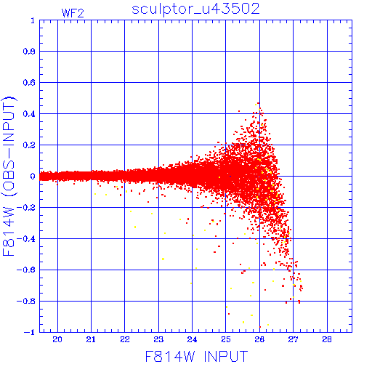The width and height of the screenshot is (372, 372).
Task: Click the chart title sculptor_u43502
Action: coord(195,9)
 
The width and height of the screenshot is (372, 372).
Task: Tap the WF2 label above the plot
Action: coord(73,13)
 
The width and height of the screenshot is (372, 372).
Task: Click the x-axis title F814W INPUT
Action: coord(196,356)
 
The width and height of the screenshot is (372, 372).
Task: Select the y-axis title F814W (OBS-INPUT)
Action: coord(9,176)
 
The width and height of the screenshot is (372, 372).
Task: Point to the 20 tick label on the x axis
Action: coord(57,339)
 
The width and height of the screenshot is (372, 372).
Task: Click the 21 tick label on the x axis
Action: coord(91,339)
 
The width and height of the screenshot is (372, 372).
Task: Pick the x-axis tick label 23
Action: coord(158,339)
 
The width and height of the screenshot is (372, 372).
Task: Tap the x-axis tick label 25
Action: coord(226,339)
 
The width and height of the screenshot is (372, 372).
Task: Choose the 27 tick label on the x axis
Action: coord(293,339)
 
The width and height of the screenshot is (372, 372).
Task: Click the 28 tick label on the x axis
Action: coord(327,339)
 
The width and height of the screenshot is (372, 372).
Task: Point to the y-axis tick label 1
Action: coord(33,20)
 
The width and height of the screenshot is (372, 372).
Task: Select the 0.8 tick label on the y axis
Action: coord(29,52)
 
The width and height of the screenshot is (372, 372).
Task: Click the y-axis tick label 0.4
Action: coord(29,114)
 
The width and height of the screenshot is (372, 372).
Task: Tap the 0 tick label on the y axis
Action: coord(33,176)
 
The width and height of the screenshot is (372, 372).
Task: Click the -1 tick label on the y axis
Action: coord(30,332)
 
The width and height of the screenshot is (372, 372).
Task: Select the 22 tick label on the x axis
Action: coord(125,339)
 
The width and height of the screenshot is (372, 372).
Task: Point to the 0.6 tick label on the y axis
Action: coord(29,83)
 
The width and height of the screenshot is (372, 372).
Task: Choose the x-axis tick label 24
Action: coord(192,339)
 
